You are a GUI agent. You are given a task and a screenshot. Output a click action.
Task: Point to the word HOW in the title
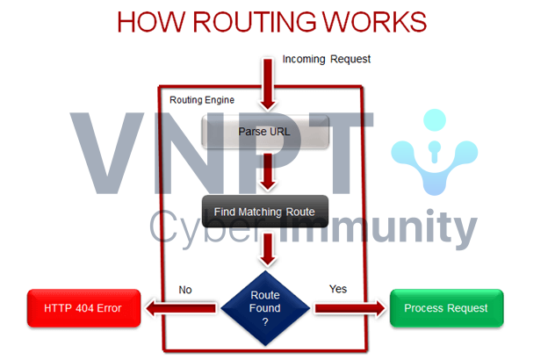[x=150, y=21]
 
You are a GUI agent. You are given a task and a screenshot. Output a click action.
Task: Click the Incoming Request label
[x=327, y=60]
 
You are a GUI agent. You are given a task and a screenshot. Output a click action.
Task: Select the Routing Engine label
[x=201, y=100]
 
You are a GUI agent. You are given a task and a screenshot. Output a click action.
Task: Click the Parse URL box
[x=265, y=133]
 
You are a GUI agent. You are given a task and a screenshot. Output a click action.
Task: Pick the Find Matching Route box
[x=265, y=212]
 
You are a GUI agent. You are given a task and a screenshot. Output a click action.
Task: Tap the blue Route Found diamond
[x=265, y=307]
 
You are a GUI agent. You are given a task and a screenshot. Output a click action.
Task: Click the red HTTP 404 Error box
[x=83, y=307]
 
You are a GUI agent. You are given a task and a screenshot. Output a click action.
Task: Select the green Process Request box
[x=447, y=308]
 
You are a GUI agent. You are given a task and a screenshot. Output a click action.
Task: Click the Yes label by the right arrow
[x=338, y=288]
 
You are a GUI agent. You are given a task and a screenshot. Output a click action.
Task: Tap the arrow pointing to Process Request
[x=350, y=308]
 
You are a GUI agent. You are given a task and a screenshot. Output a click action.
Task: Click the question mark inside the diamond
[x=265, y=321]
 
